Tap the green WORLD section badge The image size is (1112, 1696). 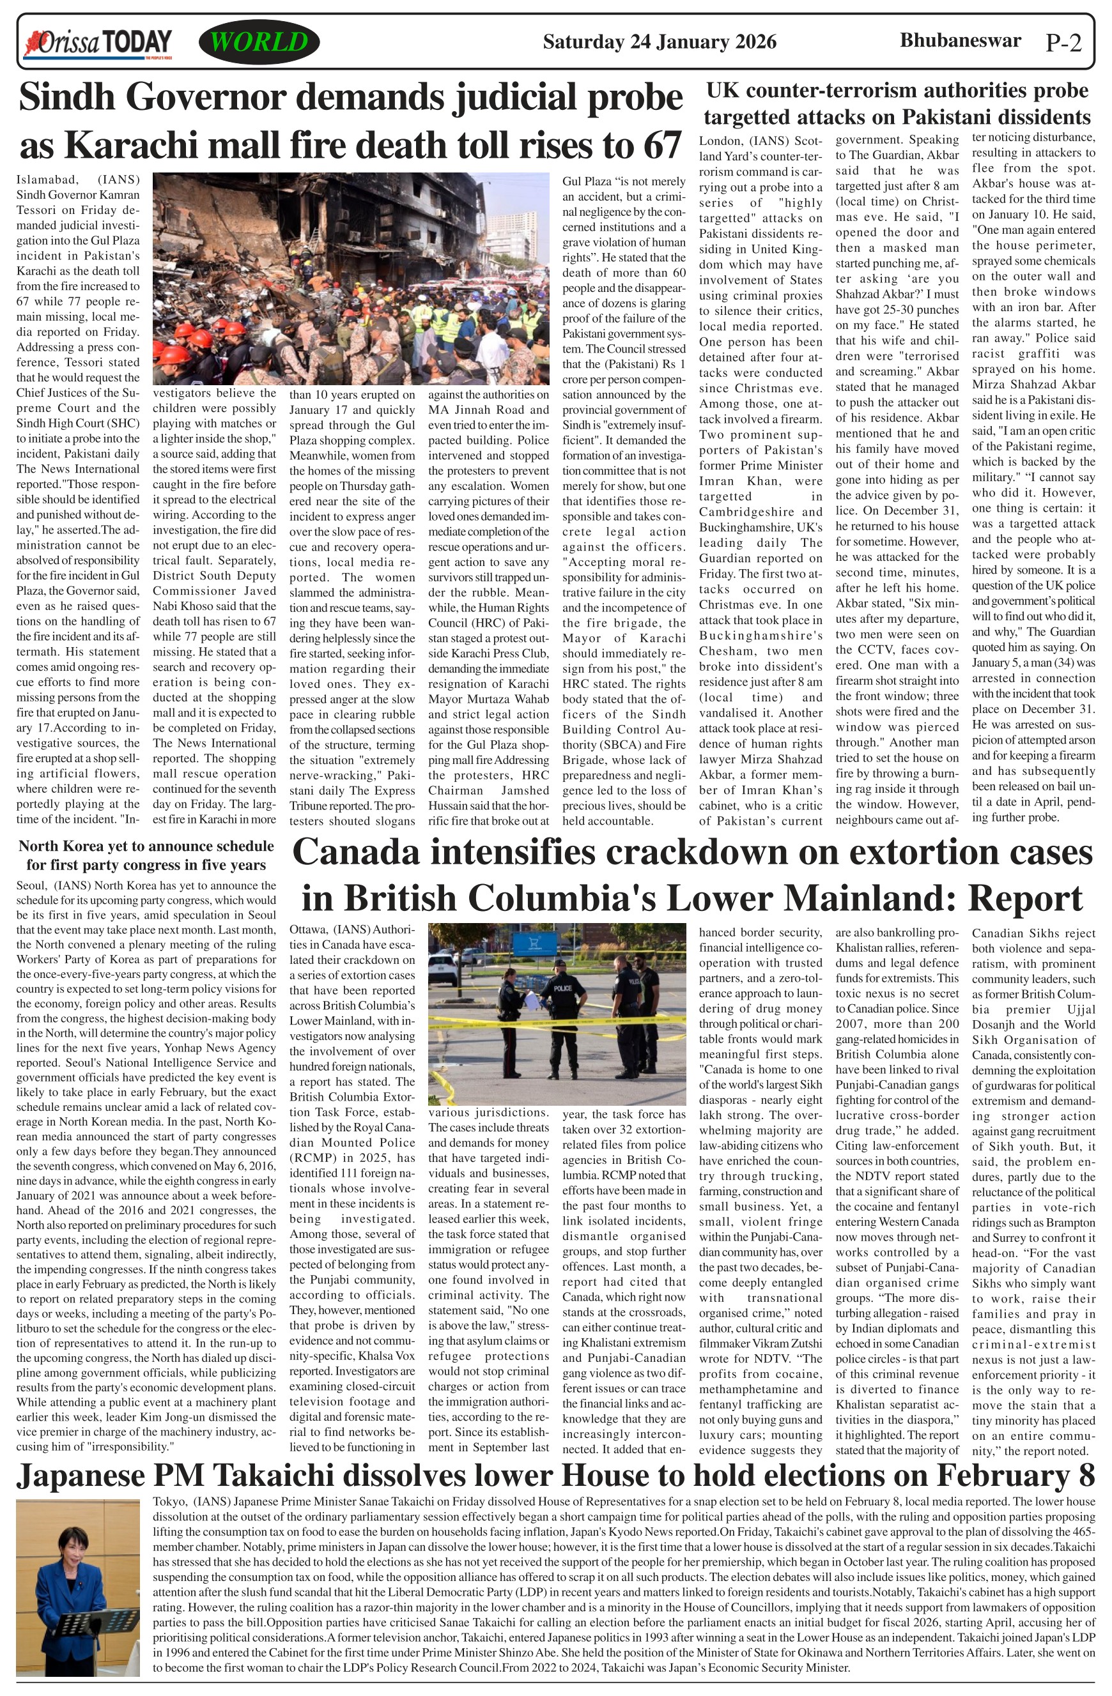[x=259, y=42]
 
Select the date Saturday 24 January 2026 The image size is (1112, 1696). [x=660, y=42]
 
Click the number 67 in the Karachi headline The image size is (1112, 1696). [x=655, y=146]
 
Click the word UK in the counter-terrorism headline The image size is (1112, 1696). [x=722, y=91]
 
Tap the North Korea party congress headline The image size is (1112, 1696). [x=146, y=855]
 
